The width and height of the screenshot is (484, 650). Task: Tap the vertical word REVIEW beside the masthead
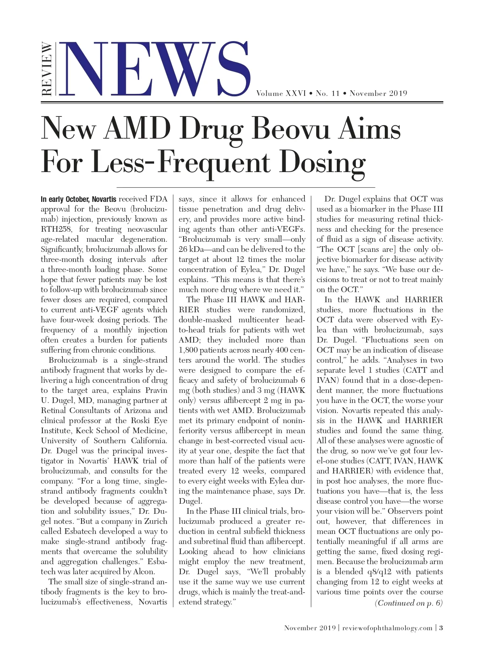[47, 69]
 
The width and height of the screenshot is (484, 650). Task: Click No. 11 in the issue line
[328, 93]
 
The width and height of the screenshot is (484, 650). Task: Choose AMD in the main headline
[137, 130]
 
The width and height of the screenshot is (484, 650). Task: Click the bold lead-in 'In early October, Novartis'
[78, 199]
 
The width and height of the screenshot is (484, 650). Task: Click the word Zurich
[156, 521]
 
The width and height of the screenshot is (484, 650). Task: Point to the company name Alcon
[144, 572]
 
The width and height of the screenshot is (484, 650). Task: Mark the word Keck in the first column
[85, 431]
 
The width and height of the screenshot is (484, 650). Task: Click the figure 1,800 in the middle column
[190, 350]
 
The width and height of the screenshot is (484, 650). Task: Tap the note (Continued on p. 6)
[409, 603]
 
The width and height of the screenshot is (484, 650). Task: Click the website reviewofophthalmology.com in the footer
[387, 628]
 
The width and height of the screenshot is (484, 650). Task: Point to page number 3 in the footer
[441, 628]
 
